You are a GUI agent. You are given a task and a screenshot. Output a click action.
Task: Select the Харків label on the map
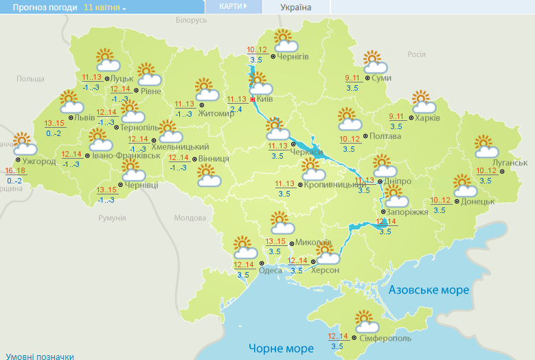tap(427, 117)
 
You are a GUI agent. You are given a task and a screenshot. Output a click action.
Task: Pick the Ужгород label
tap(38, 161)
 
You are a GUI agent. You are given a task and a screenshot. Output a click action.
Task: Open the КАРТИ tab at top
tap(234, 6)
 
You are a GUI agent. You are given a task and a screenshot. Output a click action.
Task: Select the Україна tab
tap(296, 8)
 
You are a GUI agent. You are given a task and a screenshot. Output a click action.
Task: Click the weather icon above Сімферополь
tap(366, 322)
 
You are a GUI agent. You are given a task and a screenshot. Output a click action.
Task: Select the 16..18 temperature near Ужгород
tap(14, 170)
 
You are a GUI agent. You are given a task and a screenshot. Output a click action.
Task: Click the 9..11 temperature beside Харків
tap(396, 117)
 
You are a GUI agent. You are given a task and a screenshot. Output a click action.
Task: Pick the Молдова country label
tap(190, 218)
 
